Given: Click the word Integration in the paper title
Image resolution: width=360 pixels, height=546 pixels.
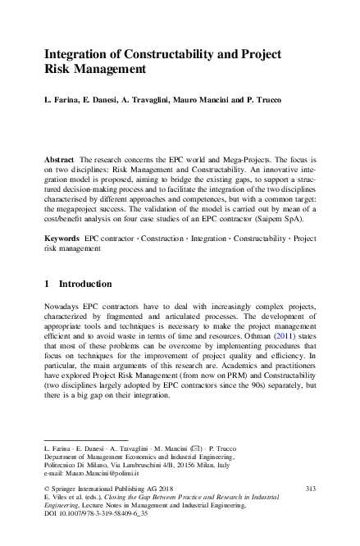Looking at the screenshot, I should pyautogui.click(x=77, y=54).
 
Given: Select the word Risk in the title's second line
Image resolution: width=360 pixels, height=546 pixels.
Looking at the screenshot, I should pyautogui.click(x=58, y=71).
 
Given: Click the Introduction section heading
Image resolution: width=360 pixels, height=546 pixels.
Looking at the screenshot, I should pyautogui.click(x=84, y=284).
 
